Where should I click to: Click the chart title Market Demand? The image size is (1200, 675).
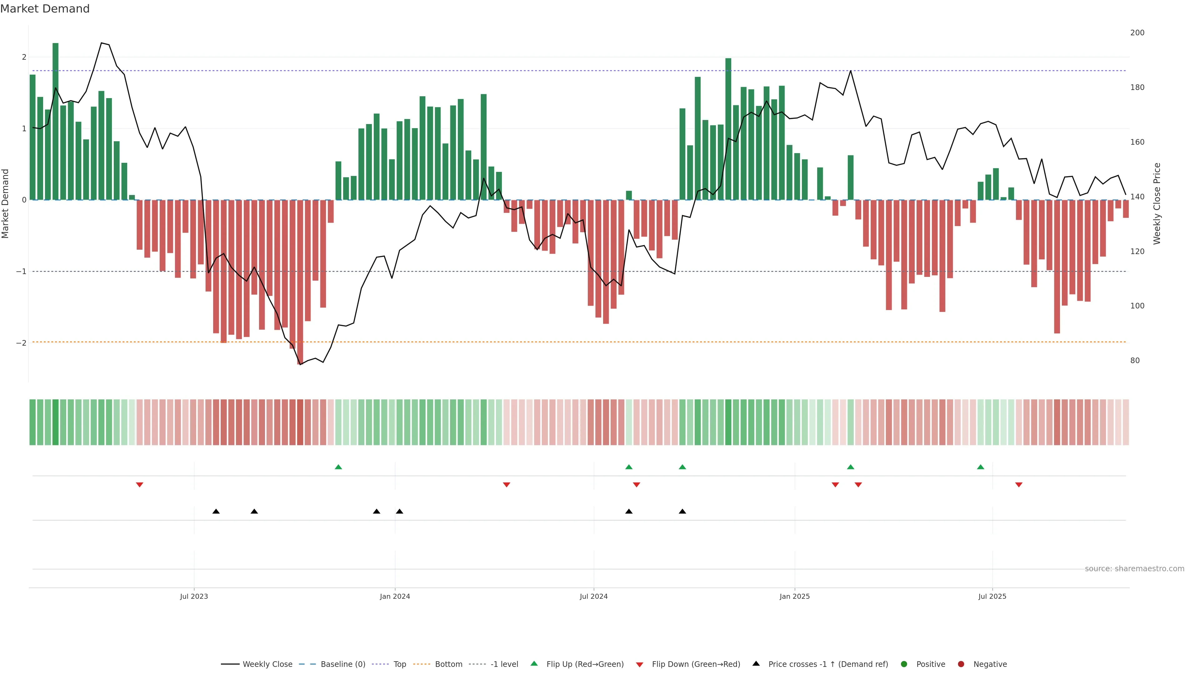pos(45,9)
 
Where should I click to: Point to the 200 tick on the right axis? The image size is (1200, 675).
pos(1137,32)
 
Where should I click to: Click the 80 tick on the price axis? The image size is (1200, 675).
pos(1135,361)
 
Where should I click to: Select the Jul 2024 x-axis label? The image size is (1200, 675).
pos(593,596)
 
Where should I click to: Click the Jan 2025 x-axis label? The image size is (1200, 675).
pos(795,596)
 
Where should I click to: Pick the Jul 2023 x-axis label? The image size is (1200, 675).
pos(194,596)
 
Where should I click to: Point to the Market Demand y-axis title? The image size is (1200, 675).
pos(6,203)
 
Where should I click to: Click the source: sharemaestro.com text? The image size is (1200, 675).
pos(1134,569)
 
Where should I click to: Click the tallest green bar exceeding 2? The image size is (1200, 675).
pos(55,121)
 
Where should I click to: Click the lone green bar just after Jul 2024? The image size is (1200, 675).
pos(629,195)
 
